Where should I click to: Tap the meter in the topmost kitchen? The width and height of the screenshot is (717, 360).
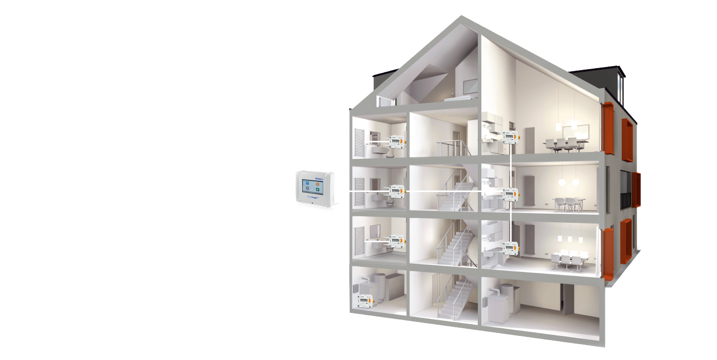510,137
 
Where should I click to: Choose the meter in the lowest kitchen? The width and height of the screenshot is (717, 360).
510,248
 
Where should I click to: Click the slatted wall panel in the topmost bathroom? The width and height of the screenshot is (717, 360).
360,142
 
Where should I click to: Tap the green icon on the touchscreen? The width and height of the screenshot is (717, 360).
318,190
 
